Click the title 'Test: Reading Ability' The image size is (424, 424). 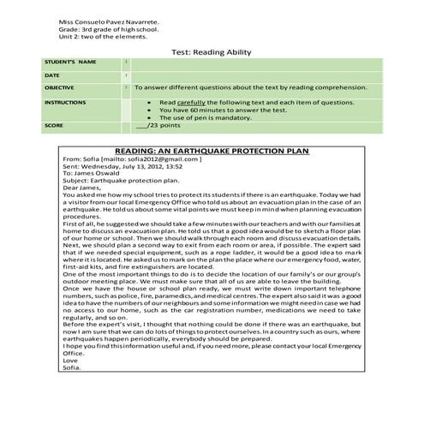pyautogui.click(x=211, y=51)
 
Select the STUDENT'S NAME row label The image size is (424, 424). pyautogui.click(x=70, y=63)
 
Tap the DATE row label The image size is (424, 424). pyautogui.click(x=53, y=75)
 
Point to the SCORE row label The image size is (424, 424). pyautogui.click(x=55, y=125)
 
